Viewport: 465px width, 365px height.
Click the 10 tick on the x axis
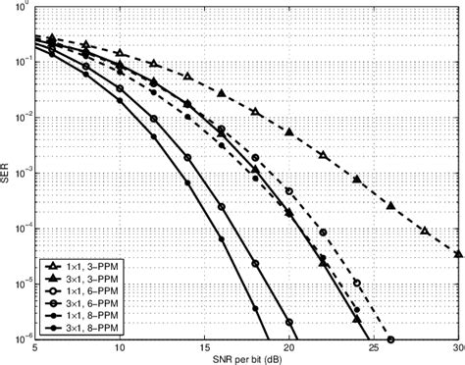pyautogui.click(x=121, y=348)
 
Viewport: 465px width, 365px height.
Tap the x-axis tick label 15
pyautogui.click(x=205, y=348)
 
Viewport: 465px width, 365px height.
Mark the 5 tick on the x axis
pyautogui.click(x=36, y=348)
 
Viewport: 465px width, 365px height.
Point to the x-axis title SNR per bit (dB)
pyautogui.click(x=247, y=359)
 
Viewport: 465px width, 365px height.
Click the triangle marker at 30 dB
pyautogui.click(x=459, y=253)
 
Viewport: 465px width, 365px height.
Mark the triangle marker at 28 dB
pyautogui.click(x=425, y=231)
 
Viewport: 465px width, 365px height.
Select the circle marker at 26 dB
pyautogui.click(x=391, y=339)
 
